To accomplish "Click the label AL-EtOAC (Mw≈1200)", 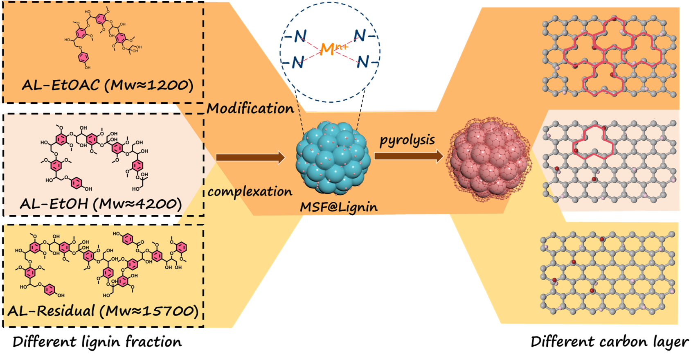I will click(107, 85).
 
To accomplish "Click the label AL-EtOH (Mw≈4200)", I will click(101, 203).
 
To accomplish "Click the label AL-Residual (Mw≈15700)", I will click(103, 311).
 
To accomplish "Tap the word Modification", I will click(250, 108).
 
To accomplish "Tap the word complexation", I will click(250, 191).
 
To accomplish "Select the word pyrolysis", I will click(407, 140).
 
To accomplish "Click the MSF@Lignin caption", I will click(339, 207).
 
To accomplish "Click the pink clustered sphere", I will click(489, 159).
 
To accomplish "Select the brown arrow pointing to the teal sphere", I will click(250, 157).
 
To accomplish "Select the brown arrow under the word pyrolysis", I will click(408, 156).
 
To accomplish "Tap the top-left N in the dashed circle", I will click(300, 36).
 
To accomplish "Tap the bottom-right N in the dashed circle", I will click(362, 62).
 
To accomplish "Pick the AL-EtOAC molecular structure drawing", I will click(102, 39).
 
